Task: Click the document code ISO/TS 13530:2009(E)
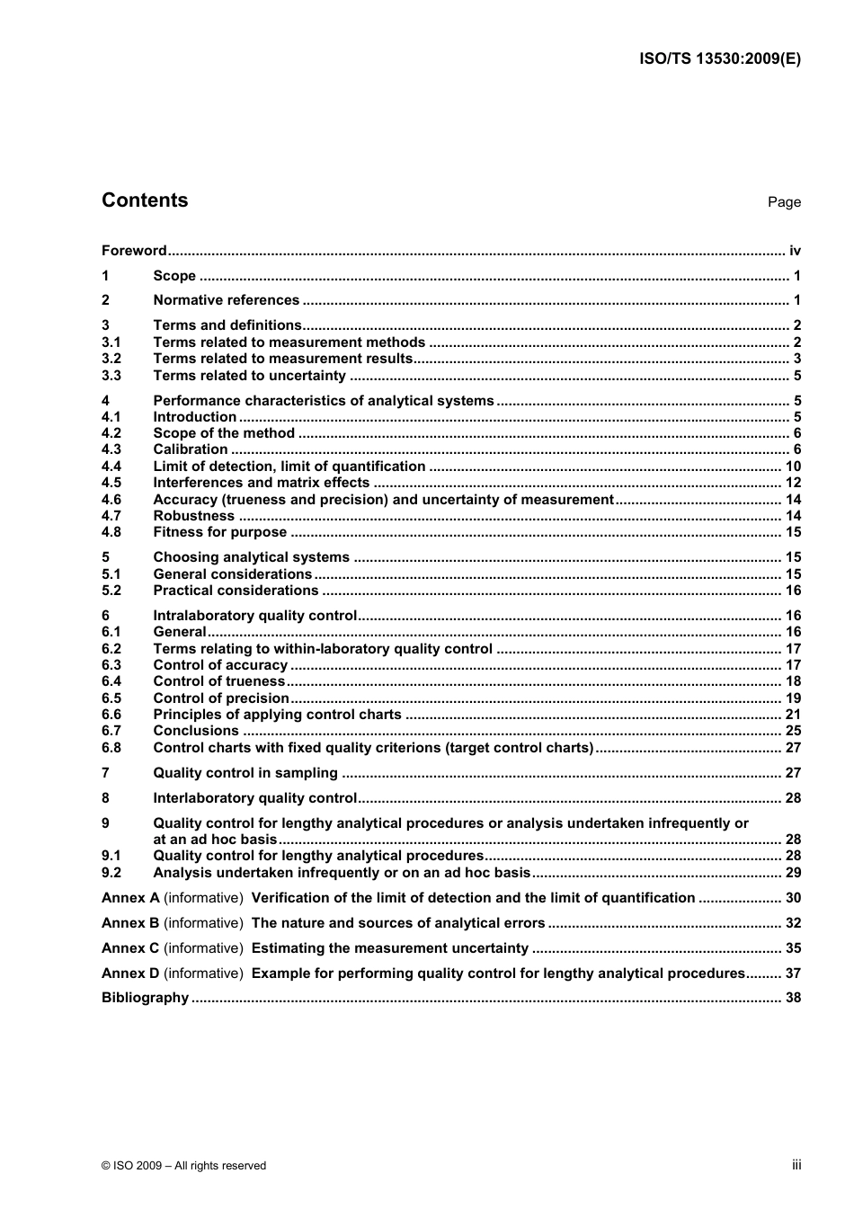[719, 59]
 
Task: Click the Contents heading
[145, 200]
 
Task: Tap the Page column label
[784, 202]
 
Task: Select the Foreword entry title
[134, 251]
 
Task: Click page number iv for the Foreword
[795, 251]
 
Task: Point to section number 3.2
[111, 359]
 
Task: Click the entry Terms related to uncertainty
[249, 376]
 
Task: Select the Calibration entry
[191, 449]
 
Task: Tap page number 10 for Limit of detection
[793, 466]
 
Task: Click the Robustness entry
[193, 516]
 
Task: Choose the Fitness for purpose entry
[219, 532]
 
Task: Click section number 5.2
[111, 591]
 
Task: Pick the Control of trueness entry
[218, 681]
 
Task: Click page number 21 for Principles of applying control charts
[793, 715]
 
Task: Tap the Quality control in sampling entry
[245, 773]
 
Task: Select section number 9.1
[111, 856]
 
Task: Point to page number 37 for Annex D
[793, 973]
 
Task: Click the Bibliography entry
[145, 998]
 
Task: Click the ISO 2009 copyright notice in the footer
[184, 1166]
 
